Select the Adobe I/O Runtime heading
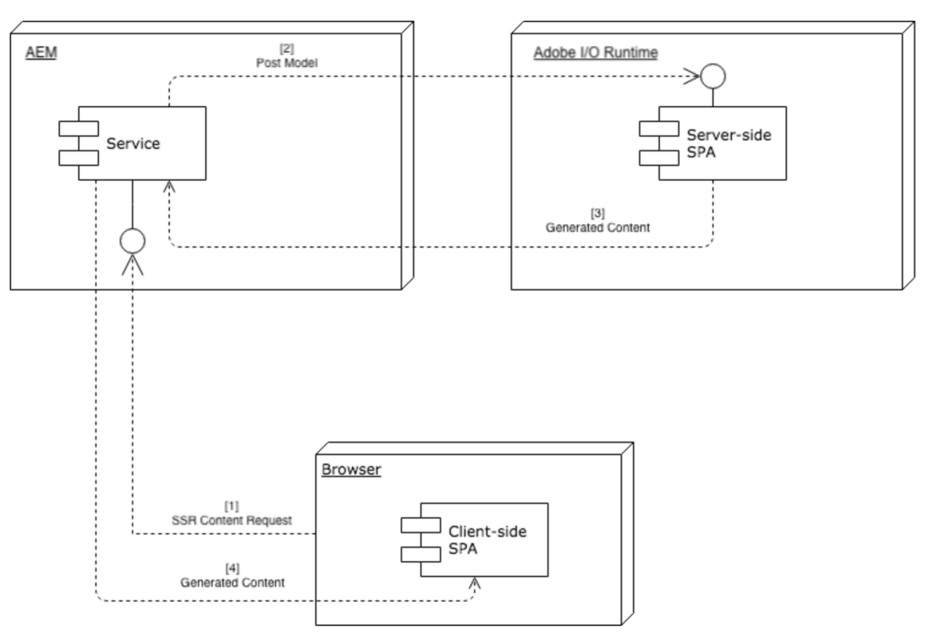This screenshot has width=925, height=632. tap(595, 54)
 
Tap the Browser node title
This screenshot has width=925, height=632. tap(350, 470)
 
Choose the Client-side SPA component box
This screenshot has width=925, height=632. tap(484, 540)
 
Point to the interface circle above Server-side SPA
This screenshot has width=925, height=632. tap(713, 74)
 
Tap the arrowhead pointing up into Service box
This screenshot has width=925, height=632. tap(169, 186)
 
